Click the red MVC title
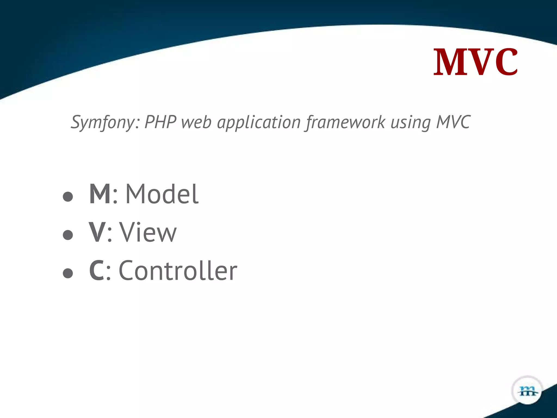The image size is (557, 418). point(475,62)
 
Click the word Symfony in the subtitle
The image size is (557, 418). point(105,122)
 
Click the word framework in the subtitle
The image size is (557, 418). point(345,122)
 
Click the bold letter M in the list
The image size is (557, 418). point(100,194)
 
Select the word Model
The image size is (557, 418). point(162,194)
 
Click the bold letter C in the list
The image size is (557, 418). point(97,271)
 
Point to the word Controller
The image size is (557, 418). point(178,271)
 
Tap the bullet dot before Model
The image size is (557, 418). point(68,196)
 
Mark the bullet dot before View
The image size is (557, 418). point(68,235)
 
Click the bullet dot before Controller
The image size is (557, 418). point(68,273)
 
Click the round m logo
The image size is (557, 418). point(527,391)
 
